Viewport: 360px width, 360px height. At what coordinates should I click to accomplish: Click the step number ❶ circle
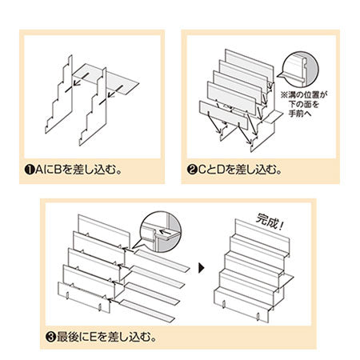28,169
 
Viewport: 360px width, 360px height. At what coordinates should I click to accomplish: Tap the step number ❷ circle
193,169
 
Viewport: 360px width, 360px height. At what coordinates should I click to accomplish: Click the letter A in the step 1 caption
38,169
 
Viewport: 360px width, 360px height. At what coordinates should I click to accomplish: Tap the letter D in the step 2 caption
221,169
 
